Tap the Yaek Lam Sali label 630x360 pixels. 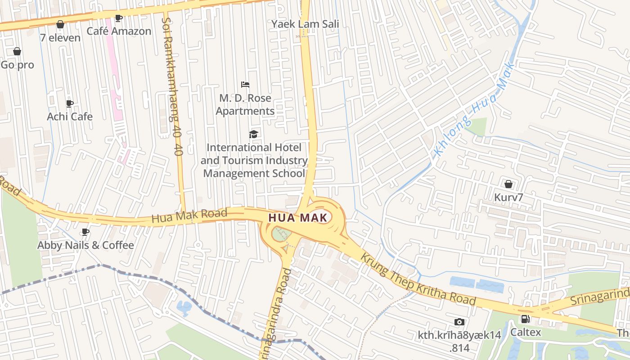[x=305, y=24]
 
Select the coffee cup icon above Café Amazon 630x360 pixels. [x=118, y=18]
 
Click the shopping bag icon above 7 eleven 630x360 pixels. [x=60, y=24]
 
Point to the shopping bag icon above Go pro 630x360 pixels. [x=17, y=51]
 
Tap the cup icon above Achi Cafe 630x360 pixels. [x=70, y=103]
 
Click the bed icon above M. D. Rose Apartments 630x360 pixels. [x=245, y=85]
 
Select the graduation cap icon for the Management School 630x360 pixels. [x=254, y=134]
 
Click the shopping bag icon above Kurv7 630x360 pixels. [x=508, y=184]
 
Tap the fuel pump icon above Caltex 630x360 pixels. [x=525, y=319]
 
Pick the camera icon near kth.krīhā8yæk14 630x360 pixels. [x=459, y=322]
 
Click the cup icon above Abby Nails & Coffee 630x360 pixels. [x=85, y=232]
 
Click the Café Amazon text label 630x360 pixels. [x=119, y=31]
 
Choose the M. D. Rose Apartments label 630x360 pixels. [x=245, y=104]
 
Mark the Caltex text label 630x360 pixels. [x=525, y=333]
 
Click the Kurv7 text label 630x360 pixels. [x=508, y=198]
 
